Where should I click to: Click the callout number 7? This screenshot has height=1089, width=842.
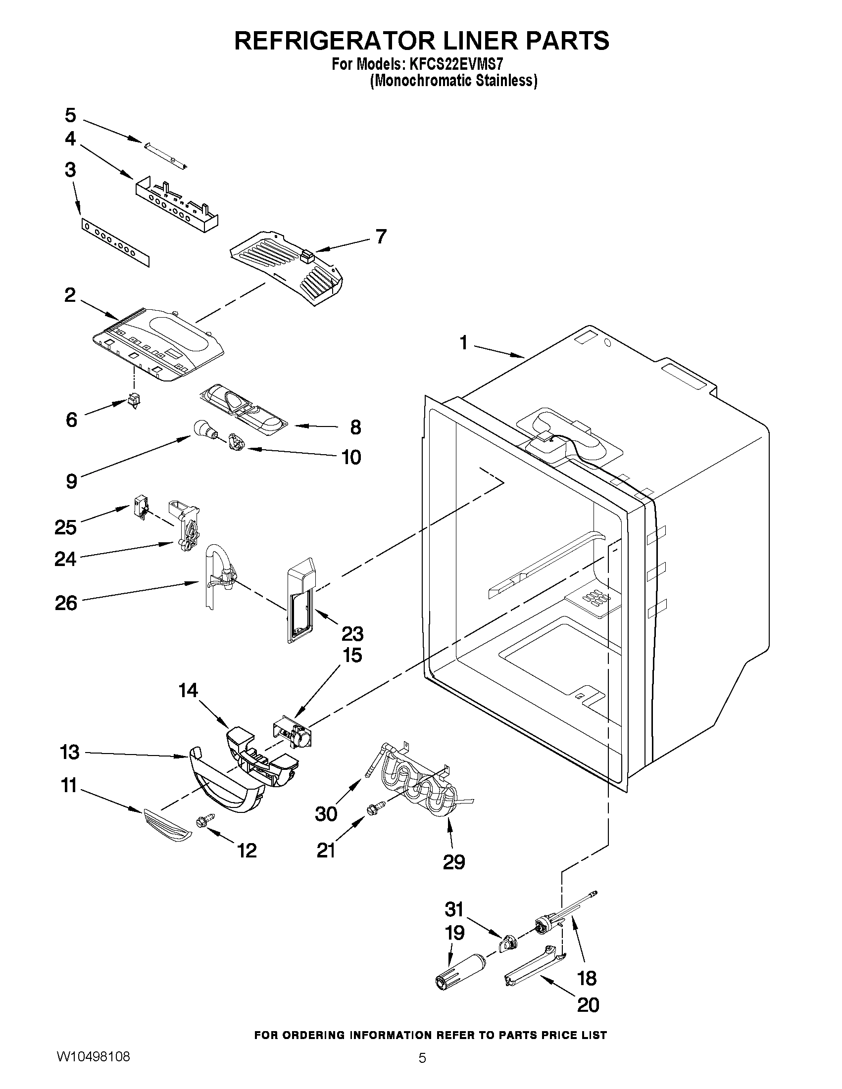pos(381,237)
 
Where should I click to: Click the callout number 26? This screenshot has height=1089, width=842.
pos(66,603)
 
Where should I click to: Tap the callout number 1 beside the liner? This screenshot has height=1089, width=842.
pos(463,342)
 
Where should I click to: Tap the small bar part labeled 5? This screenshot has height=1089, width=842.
pos(165,154)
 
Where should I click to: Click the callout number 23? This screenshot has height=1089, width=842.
pos(352,634)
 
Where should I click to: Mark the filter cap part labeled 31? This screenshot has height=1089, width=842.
pos(507,944)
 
